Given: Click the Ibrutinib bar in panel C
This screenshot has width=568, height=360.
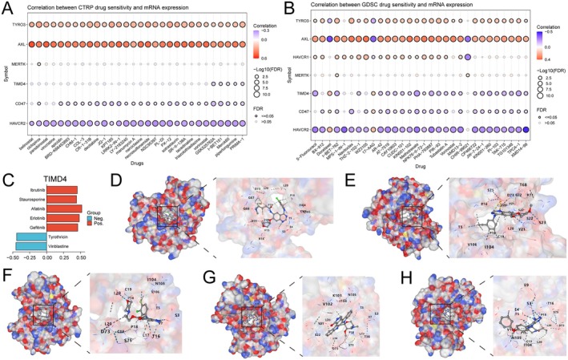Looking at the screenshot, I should pyautogui.click(x=62, y=189).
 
